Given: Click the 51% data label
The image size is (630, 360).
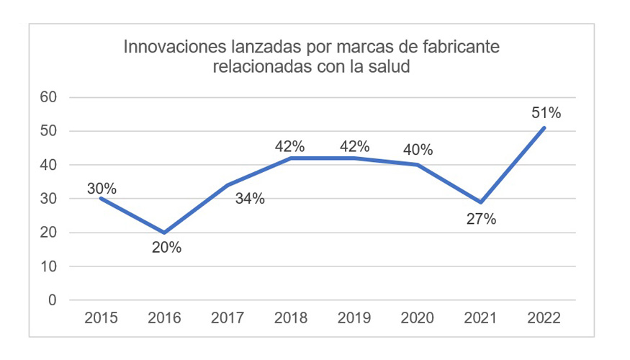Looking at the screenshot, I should pos(546,112).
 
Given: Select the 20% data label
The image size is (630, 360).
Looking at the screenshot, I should pos(166,248).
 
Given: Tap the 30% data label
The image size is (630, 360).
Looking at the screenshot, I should pos(102,189).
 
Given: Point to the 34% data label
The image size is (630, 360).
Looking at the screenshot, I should pos(250,199).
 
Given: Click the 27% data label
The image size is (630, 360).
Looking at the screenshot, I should pos(480,220).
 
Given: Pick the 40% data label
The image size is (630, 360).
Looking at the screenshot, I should pos(418,150).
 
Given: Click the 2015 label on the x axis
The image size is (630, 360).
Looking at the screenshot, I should pos(102,318).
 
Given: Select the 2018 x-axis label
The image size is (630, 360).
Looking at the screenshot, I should pos(291,318).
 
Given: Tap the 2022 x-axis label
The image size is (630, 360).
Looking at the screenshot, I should pos(544,318).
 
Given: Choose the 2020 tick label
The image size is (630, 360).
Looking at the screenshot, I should pos(418,318).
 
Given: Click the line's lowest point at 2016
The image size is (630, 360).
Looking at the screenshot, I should pos(165,233).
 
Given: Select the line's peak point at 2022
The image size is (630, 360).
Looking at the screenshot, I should pos(544,127).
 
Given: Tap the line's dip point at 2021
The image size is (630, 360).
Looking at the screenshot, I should pos(481,202).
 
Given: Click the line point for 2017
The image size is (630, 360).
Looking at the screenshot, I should pos(228,185).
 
